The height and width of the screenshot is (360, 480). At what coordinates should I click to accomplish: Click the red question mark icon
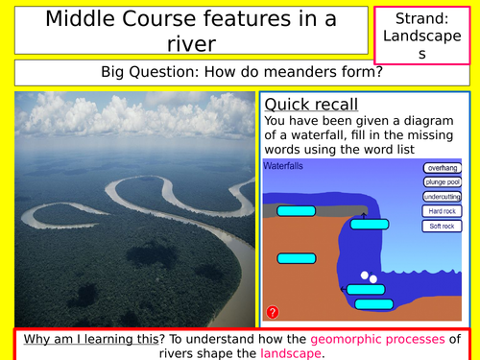click(273, 312)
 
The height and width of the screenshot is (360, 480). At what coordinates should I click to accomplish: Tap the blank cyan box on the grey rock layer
click(296, 211)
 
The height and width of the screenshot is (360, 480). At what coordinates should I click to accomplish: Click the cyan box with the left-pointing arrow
click(296, 257)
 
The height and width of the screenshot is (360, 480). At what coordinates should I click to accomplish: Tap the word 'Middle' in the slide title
click(83, 17)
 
